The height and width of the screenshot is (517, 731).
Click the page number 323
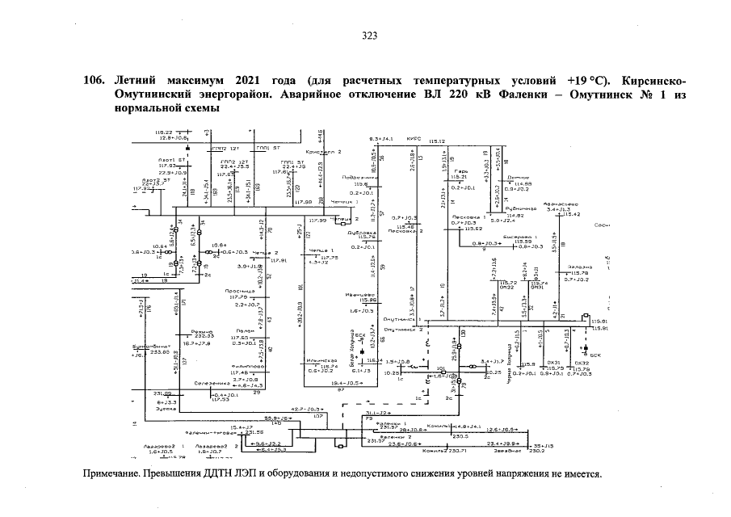[x=370, y=36]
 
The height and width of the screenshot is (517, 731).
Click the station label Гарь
[x=461, y=172]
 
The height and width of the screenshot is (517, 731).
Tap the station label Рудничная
[x=510, y=208]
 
